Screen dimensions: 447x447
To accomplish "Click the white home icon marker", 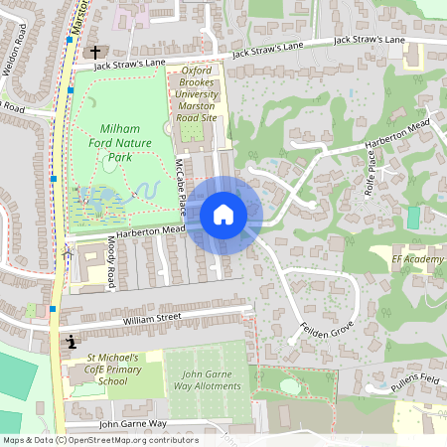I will [x=223, y=214].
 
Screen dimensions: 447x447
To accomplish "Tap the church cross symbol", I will [x=96, y=51].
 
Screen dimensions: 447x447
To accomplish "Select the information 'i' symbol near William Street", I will [x=72, y=342].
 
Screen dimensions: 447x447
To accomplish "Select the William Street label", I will [x=152, y=318].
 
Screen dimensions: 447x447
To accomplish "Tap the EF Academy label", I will [x=417, y=259].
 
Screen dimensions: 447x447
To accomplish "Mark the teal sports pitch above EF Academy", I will [x=413, y=217].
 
